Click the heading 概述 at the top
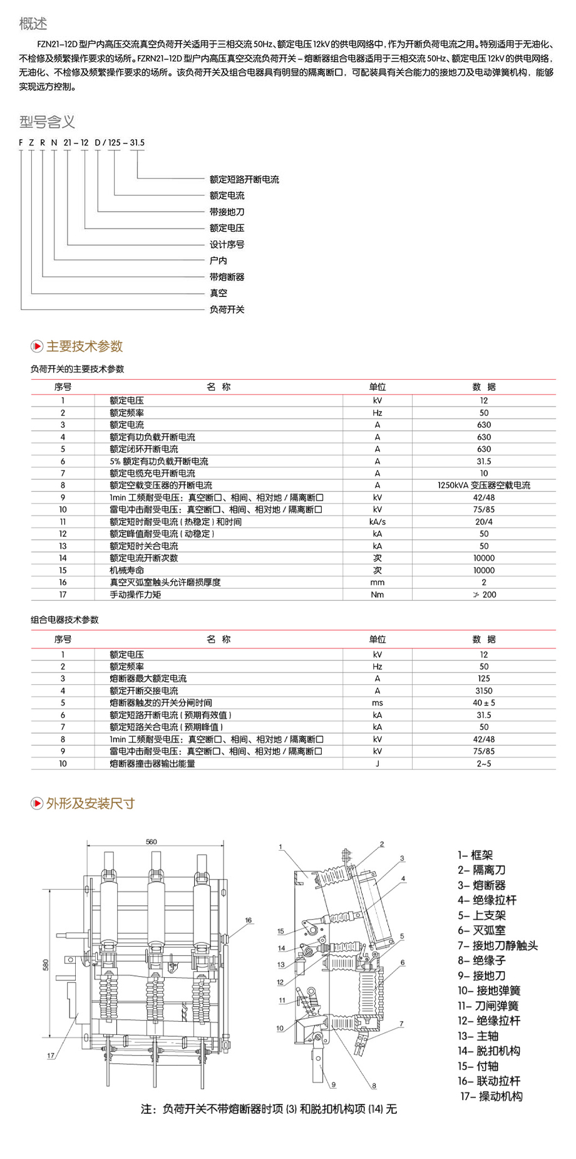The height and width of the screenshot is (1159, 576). tap(33, 24)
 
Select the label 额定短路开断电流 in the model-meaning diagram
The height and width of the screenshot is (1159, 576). tap(244, 179)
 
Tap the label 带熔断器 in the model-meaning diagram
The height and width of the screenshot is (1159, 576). tap(227, 277)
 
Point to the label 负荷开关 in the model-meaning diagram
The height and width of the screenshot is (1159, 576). tap(227, 309)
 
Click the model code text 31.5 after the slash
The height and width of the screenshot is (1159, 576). tap(137, 143)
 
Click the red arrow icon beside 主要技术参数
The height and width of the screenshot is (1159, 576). tap(37, 346)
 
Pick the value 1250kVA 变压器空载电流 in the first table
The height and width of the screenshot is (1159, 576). tap(483, 486)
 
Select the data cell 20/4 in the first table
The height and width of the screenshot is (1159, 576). tap(483, 522)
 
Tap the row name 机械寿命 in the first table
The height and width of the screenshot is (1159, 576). tap(126, 571)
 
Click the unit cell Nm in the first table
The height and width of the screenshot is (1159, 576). tap(377, 595)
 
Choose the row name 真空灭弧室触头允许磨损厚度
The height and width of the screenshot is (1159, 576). tap(165, 583)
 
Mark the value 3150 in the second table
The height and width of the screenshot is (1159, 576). tap(483, 691)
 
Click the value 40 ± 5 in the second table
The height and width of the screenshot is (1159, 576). tap(483, 703)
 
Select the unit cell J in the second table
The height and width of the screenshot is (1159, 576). tap(377, 764)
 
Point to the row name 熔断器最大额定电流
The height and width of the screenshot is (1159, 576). tap(148, 678)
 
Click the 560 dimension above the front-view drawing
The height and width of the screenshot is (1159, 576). tap(152, 842)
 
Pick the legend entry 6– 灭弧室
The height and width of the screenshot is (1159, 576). tap(481, 930)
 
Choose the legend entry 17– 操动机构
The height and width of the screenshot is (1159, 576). tap(491, 1096)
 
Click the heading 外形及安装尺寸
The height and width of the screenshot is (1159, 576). tap(90, 804)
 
